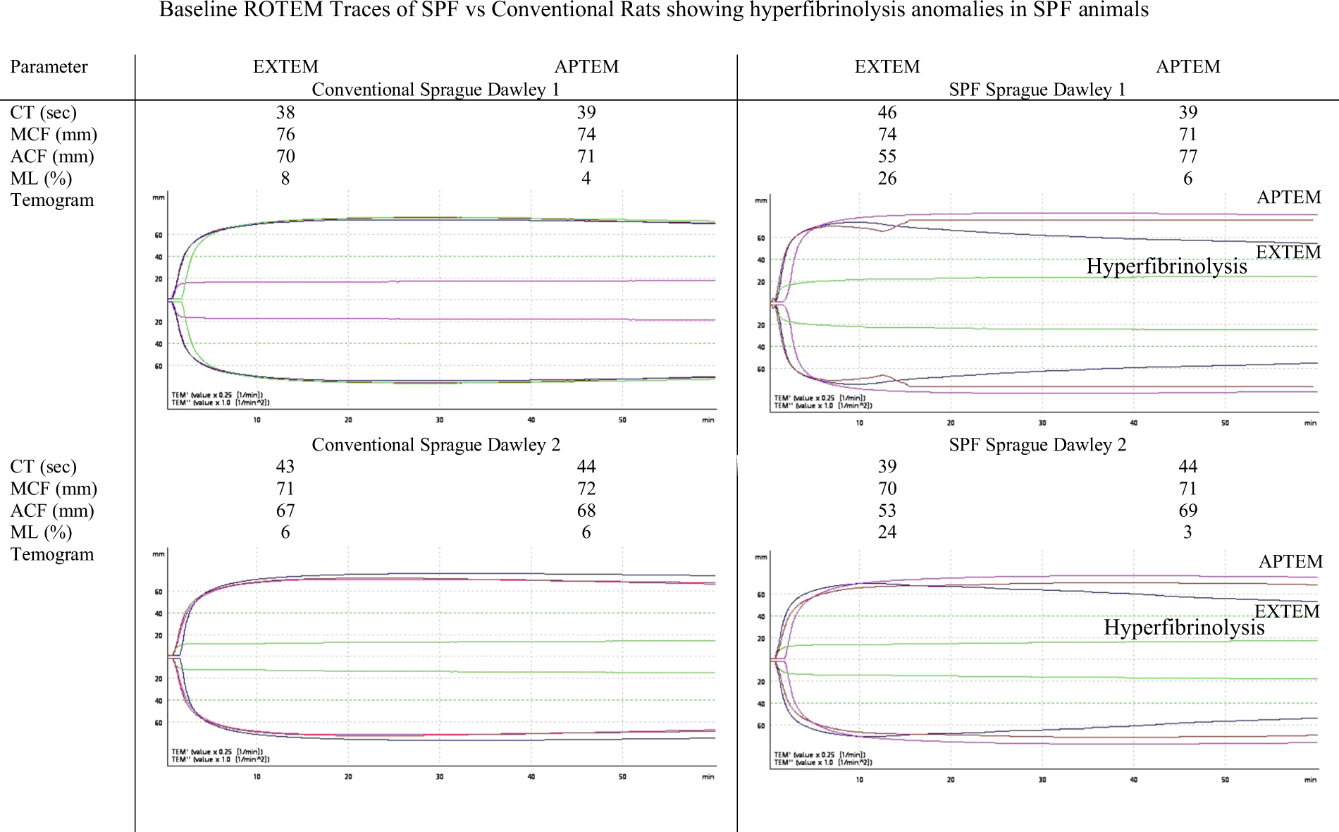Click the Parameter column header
pyautogui.click(x=49, y=67)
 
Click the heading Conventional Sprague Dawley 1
pyautogui.click(x=436, y=90)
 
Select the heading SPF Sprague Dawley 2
pyautogui.click(x=1037, y=445)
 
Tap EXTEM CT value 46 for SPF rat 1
pyautogui.click(x=887, y=113)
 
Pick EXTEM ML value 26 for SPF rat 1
pyautogui.click(x=887, y=178)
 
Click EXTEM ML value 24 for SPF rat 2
pyautogui.click(x=887, y=532)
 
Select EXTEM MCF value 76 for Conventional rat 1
pyautogui.click(x=285, y=135)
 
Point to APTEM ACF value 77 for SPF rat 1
pyautogui.click(x=1187, y=157)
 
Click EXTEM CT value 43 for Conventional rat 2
pyautogui.click(x=285, y=467)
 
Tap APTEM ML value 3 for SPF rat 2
pyautogui.click(x=1187, y=532)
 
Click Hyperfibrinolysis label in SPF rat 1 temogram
pyautogui.click(x=1166, y=267)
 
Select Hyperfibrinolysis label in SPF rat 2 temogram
pyautogui.click(x=1184, y=628)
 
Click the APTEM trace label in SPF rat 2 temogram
pyautogui.click(x=1290, y=562)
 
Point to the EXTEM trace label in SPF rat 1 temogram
pyautogui.click(x=1288, y=252)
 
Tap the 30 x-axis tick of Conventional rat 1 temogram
pyautogui.click(x=440, y=420)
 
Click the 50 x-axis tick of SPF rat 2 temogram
pyautogui.click(x=1225, y=780)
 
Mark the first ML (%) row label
pyautogui.click(x=41, y=178)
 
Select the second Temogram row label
pyautogui.click(x=51, y=554)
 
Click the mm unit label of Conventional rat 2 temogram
pyautogui.click(x=159, y=554)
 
